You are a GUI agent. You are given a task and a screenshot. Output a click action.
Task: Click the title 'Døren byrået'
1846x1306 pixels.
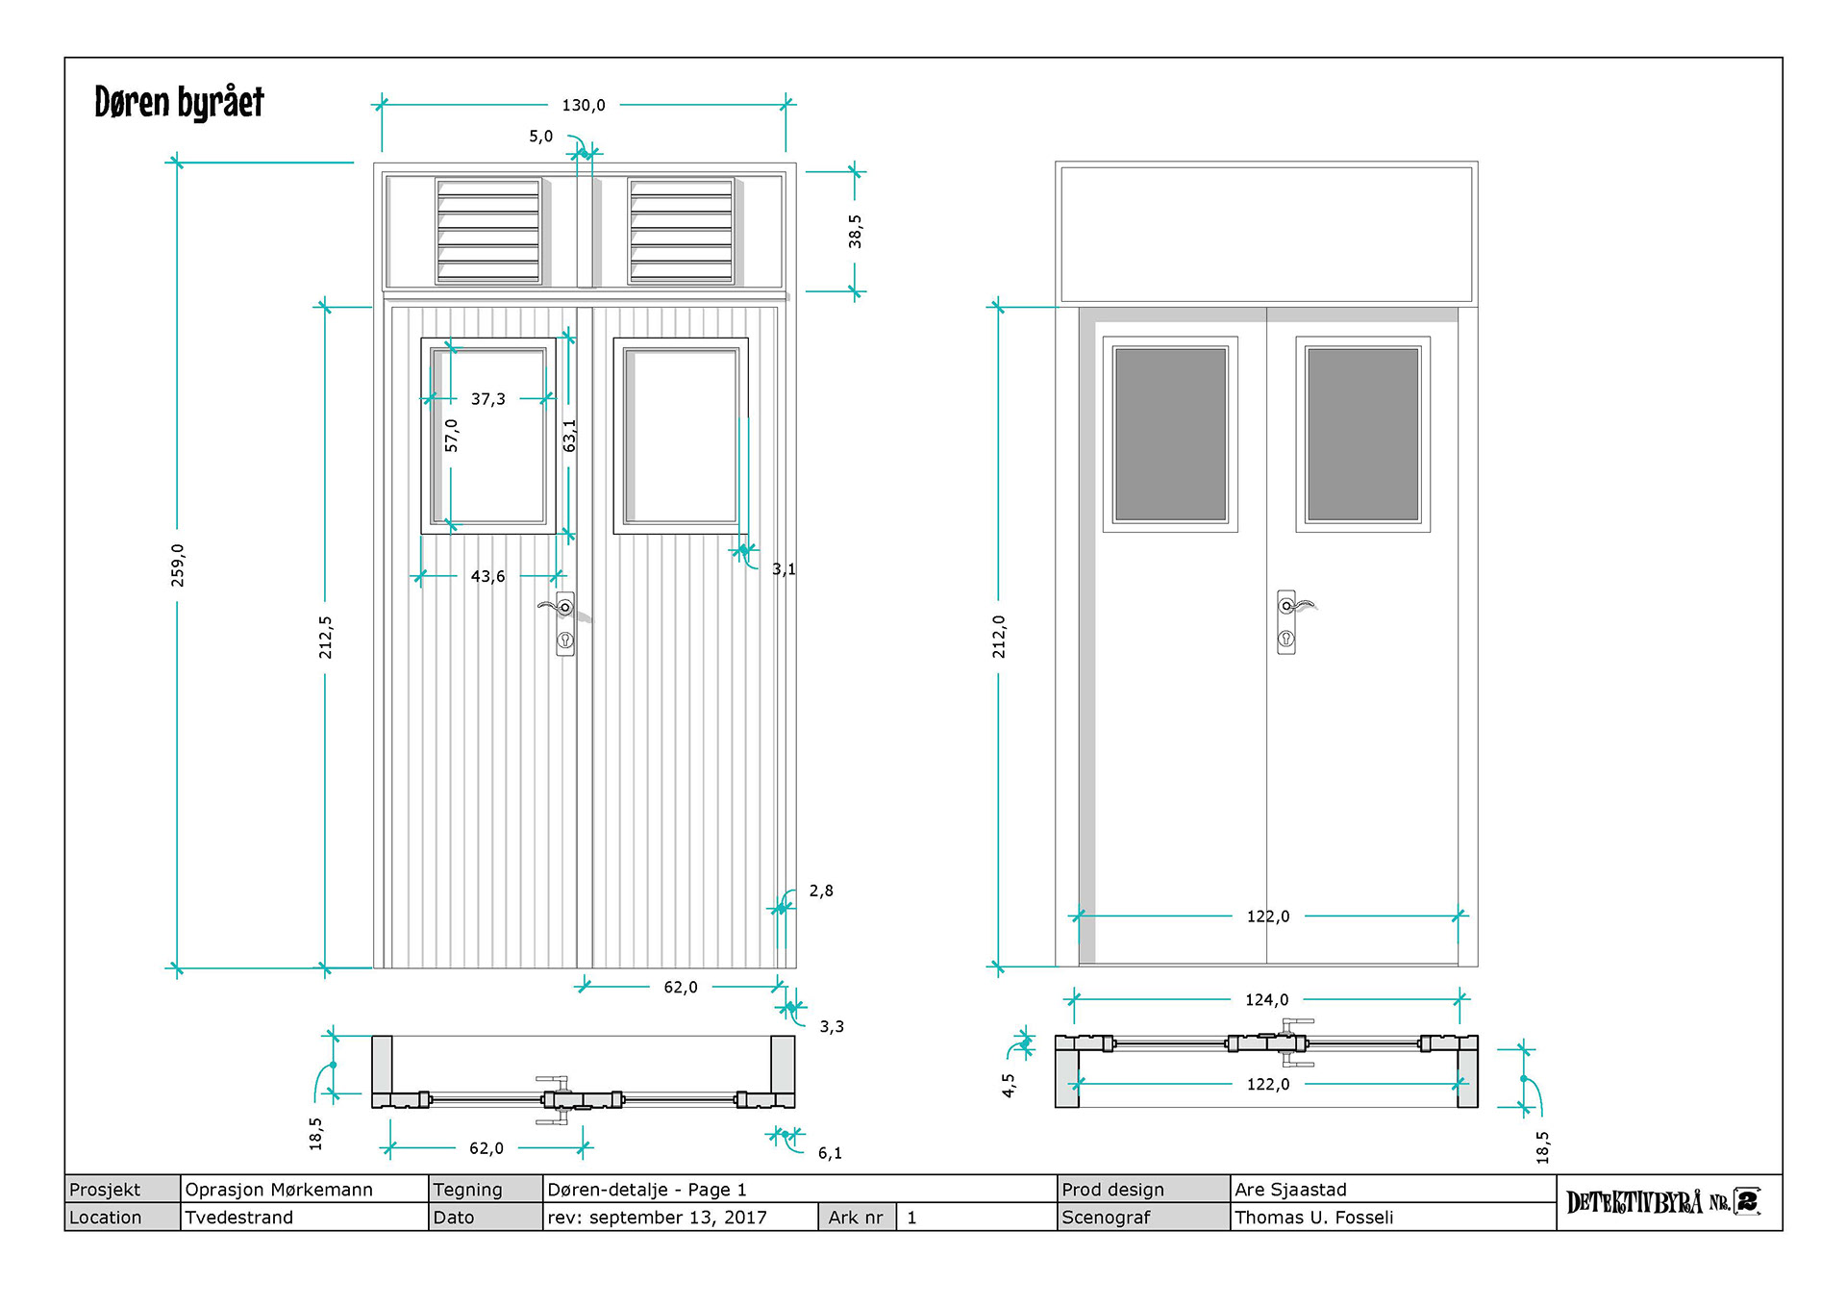(x=179, y=102)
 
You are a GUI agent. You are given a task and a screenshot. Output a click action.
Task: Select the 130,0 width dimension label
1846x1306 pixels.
(x=584, y=105)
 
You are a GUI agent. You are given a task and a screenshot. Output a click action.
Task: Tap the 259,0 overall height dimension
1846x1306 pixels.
(x=178, y=565)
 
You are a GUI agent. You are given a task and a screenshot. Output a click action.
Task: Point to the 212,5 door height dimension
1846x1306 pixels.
(x=326, y=638)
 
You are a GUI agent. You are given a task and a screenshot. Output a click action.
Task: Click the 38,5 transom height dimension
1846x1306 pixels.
(x=855, y=232)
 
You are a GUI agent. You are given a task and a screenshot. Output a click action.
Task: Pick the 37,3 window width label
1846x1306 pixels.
(x=487, y=399)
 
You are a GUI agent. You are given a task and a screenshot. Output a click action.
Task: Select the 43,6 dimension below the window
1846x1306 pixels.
(x=487, y=576)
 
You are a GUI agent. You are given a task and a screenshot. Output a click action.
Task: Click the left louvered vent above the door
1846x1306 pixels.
(x=488, y=231)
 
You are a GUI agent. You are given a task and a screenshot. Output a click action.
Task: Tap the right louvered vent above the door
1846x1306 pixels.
(x=681, y=231)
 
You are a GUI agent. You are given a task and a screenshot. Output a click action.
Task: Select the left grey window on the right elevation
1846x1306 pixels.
(x=1170, y=434)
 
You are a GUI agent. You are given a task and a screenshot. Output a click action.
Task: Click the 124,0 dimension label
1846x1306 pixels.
(x=1266, y=1000)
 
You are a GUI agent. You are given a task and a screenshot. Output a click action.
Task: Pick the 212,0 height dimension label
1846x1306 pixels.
(x=999, y=637)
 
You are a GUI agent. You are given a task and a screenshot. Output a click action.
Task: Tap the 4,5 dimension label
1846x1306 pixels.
(x=1009, y=1086)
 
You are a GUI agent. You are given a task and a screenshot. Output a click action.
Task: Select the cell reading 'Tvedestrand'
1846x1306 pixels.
(x=238, y=1218)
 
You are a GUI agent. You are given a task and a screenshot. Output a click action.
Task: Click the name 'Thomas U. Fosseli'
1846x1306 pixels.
(x=1313, y=1218)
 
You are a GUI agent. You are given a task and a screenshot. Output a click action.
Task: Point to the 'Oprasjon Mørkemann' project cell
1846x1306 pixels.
(x=279, y=1190)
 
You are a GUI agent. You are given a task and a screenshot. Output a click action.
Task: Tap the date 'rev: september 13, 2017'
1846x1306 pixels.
(x=658, y=1218)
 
